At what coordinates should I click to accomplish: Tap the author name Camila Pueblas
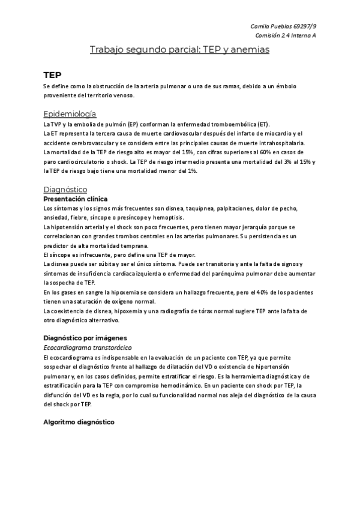click(270, 26)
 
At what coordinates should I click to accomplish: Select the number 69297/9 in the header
click(304, 26)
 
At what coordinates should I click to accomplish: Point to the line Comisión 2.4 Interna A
click(284, 36)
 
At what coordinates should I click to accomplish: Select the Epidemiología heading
click(70, 114)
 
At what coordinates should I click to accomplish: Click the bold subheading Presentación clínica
click(76, 198)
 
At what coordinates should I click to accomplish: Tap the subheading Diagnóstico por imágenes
click(85, 337)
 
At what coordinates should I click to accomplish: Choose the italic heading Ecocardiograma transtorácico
click(88, 348)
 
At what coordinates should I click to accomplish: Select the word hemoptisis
click(185, 217)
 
